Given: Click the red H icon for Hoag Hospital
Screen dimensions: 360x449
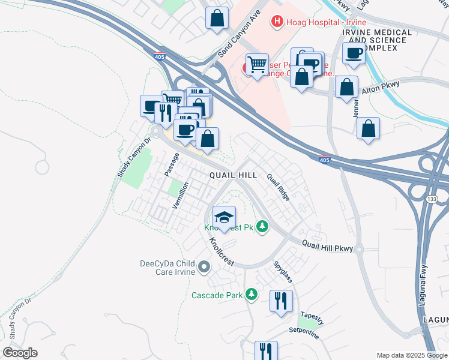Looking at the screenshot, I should click(277, 22).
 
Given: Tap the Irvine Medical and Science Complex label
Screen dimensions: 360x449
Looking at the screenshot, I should click(377, 40).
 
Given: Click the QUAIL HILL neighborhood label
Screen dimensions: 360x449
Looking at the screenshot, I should click(233, 175).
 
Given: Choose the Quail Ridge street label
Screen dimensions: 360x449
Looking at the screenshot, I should click(279, 187).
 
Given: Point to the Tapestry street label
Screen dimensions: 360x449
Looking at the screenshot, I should click(312, 314).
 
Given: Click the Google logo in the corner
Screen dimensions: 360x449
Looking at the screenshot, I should click(20, 353).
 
